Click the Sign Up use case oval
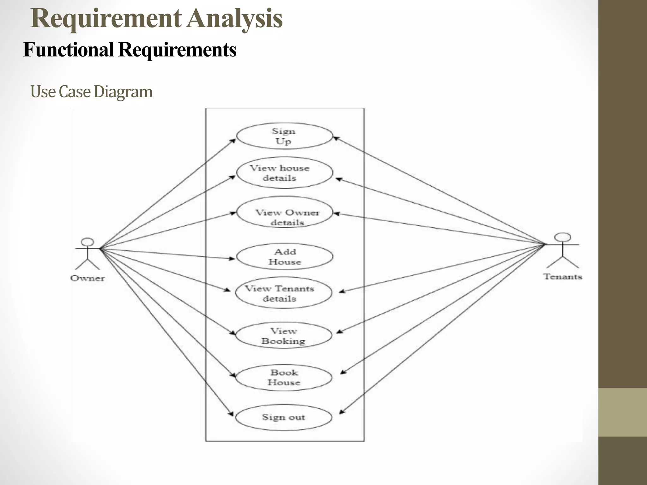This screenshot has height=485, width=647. coord(284,136)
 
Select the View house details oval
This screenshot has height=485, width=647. coord(284,173)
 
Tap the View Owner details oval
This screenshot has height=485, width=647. coord(284,212)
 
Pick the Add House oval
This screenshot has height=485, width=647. coord(284,256)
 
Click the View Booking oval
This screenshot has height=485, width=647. coord(283,336)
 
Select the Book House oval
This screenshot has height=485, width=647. coord(283,378)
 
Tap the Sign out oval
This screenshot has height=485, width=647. coord(283,417)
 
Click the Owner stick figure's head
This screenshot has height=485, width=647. coord(88,242)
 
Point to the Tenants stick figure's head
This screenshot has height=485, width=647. coord(563,237)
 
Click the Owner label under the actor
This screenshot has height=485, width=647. coord(88,278)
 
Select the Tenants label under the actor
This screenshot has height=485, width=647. coord(563,277)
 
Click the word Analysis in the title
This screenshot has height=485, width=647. coord(234,19)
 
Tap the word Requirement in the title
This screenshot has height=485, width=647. coord(106,19)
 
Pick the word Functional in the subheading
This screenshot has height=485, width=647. coord(68,50)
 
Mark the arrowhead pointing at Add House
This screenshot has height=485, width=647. coord(233,259)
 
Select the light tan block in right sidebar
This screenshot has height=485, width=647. coord(623,412)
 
